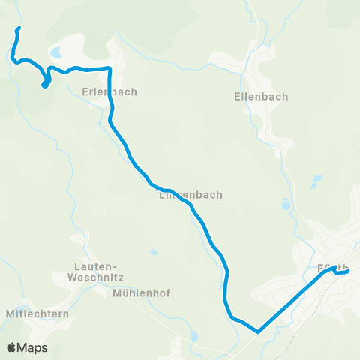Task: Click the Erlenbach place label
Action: (x=109, y=92)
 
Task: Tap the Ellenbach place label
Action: (x=261, y=97)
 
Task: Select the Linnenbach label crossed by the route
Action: (x=190, y=195)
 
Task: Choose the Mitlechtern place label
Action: (x=37, y=313)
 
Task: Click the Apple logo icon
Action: (x=11, y=347)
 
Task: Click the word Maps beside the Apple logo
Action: (x=32, y=347)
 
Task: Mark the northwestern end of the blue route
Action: (x=18, y=29)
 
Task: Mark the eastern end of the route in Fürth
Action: (x=348, y=271)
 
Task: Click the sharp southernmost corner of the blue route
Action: (x=257, y=331)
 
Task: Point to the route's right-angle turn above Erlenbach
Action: (x=109, y=69)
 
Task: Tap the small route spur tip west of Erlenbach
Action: (x=43, y=86)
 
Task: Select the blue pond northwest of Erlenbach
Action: (x=56, y=53)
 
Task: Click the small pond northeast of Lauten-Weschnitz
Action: (x=154, y=252)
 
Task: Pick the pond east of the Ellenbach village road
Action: (x=318, y=180)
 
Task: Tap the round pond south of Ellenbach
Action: (x=285, y=203)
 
